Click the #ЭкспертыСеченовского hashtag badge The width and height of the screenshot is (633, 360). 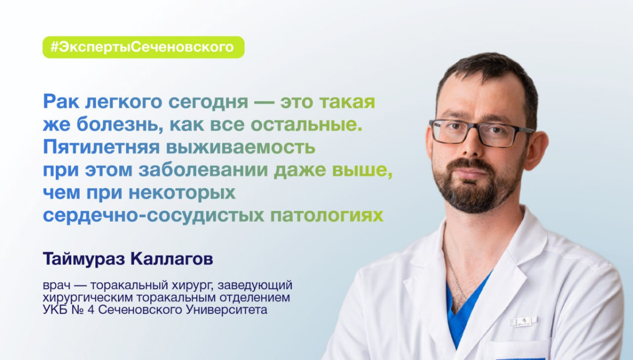143,47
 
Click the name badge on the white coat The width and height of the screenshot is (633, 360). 524,321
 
